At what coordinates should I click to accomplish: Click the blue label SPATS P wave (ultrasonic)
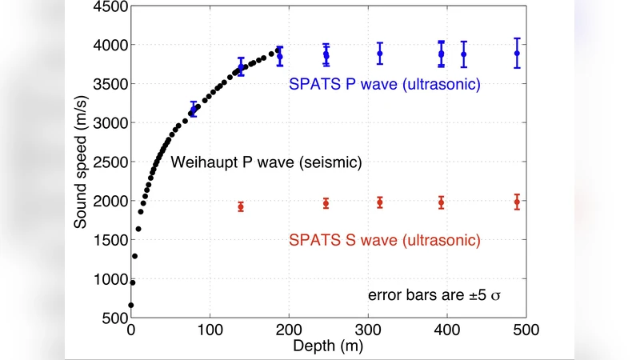click(384, 83)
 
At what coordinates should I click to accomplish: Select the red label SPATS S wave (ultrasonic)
click(384, 240)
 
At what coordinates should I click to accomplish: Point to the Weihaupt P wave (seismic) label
click(266, 162)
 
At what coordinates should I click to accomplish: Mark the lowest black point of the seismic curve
click(131, 305)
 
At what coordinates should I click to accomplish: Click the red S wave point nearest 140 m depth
click(241, 206)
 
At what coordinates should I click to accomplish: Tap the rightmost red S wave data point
click(517, 202)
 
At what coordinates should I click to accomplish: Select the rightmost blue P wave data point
click(517, 54)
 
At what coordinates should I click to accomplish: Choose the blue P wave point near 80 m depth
click(193, 112)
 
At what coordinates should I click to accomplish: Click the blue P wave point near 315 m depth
click(380, 54)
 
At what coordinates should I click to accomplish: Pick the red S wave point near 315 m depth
click(380, 202)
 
